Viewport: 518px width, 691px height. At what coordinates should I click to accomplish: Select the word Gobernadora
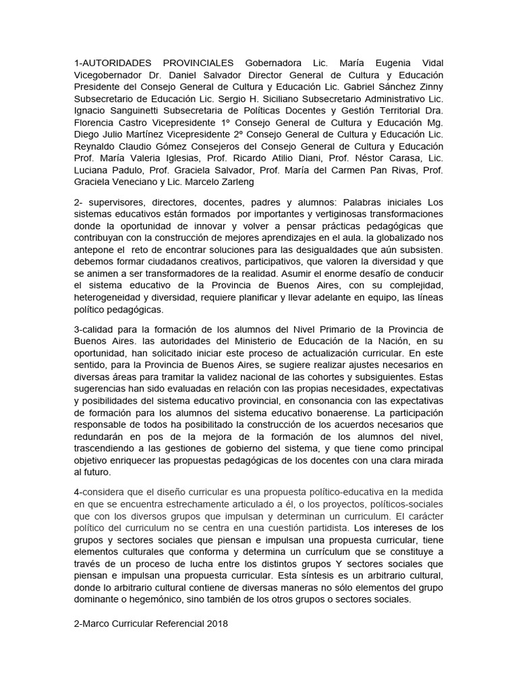click(273, 63)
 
